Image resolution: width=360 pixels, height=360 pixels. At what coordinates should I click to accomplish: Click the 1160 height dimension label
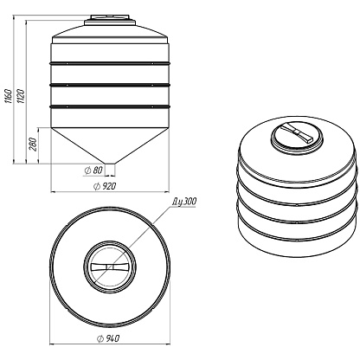pyautogui.click(x=8, y=94)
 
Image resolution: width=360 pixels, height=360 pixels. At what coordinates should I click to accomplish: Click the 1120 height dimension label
pyautogui.click(x=21, y=96)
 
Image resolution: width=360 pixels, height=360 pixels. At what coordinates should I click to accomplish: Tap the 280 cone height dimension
pyautogui.click(x=33, y=145)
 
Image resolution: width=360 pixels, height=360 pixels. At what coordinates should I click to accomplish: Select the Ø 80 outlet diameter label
pyautogui.click(x=93, y=170)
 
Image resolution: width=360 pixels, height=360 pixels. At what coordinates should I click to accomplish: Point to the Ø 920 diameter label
pyautogui.click(x=105, y=186)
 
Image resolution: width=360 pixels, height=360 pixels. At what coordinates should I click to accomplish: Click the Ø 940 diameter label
pyautogui.click(x=108, y=338)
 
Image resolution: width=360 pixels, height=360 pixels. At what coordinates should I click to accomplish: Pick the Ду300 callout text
pyautogui.click(x=184, y=202)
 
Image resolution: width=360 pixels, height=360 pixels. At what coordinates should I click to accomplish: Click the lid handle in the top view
pyautogui.click(x=109, y=267)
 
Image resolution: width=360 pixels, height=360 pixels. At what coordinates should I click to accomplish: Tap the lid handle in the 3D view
pyautogui.click(x=297, y=132)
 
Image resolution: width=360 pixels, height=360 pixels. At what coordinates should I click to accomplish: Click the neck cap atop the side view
pyautogui.click(x=110, y=21)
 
